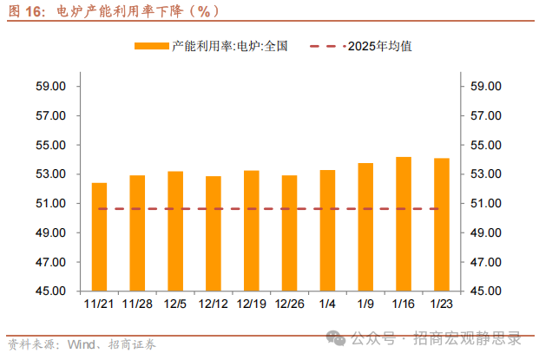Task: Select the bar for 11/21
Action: point(99,237)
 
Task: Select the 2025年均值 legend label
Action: point(379,46)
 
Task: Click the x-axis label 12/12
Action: point(214,304)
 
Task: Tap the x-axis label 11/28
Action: point(137,304)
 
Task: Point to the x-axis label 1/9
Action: point(365,304)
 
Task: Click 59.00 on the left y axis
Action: point(51,87)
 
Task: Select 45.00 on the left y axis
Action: point(51,291)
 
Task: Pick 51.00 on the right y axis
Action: point(487,204)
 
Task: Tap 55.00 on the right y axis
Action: point(487,145)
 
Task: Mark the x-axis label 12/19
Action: point(251,304)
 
